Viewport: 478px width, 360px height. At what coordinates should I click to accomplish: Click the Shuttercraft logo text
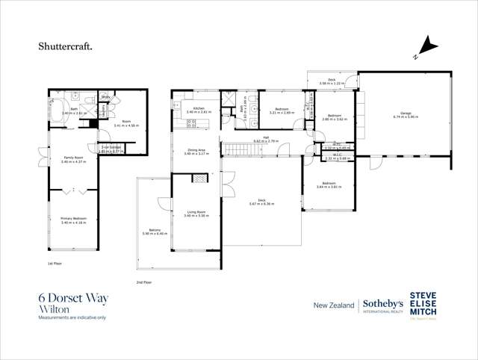coord(66,46)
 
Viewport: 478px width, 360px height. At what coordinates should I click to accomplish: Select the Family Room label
coord(73,159)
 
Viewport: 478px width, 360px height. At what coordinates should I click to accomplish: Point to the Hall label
coord(265,140)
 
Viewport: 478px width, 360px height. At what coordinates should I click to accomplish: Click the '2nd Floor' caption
coord(143,282)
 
